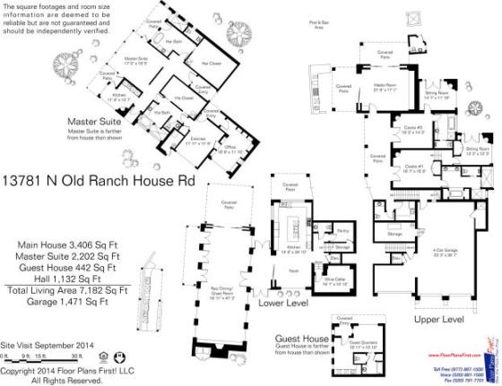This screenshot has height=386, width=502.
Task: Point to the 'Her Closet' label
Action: (212, 63)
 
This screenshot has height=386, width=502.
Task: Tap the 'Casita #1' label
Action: (413, 166)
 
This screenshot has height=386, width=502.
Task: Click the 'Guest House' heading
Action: (301, 339)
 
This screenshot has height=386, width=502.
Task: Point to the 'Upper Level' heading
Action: (437, 318)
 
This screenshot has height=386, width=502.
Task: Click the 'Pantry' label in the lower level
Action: (342, 231)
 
